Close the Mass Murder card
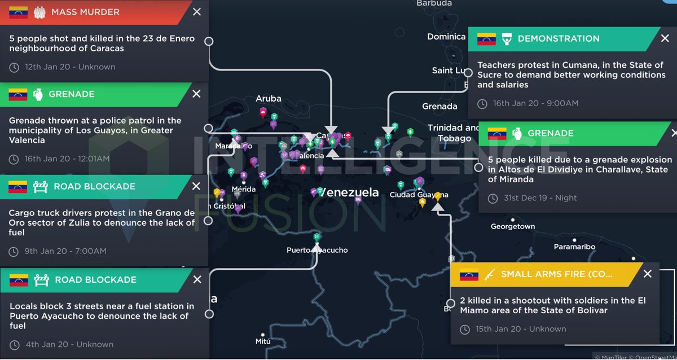click(196, 12)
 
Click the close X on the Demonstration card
click(665, 38)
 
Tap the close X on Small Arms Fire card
click(648, 274)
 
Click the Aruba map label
click(269, 98)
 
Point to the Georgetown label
click(512, 226)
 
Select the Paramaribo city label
click(574, 247)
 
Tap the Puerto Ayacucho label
click(317, 250)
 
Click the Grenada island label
click(439, 106)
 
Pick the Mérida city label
click(244, 189)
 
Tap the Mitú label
click(263, 341)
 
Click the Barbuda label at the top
click(434, 3)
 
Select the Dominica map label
click(446, 37)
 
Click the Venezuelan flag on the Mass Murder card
click(19, 12)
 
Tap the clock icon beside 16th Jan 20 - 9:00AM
click(482, 103)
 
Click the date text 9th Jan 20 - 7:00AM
click(65, 251)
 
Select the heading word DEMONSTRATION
click(559, 38)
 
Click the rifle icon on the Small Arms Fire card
click(489, 274)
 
